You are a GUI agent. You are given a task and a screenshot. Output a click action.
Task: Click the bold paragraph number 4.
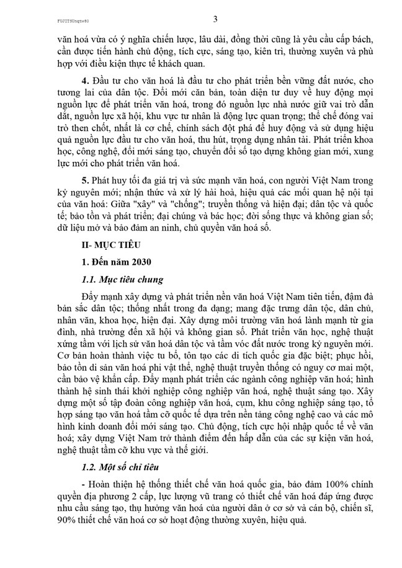[x=85, y=82]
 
